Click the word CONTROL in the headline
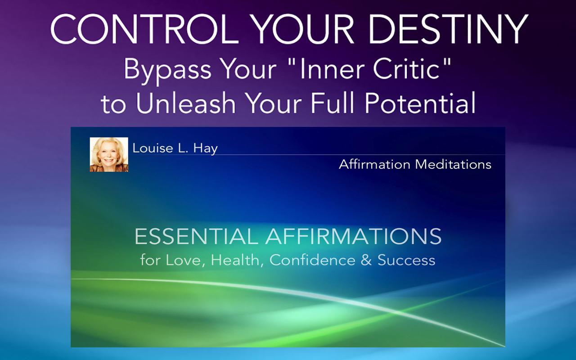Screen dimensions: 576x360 (145, 29)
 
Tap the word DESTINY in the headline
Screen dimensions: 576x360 (448, 29)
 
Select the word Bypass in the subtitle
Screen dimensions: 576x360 (167, 71)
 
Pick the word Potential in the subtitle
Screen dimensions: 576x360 (420, 103)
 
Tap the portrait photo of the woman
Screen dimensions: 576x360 (109, 154)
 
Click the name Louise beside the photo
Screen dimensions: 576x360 (153, 148)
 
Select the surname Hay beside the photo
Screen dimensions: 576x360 (206, 149)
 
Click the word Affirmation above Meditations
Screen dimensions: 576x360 (374, 164)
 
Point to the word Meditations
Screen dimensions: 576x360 (453, 164)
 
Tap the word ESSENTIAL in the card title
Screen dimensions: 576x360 (196, 237)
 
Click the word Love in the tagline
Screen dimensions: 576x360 (185, 260)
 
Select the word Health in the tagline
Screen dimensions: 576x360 (235, 260)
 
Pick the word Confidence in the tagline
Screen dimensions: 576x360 (312, 260)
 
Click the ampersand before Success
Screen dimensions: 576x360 (366, 260)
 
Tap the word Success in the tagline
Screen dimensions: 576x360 (406, 260)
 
